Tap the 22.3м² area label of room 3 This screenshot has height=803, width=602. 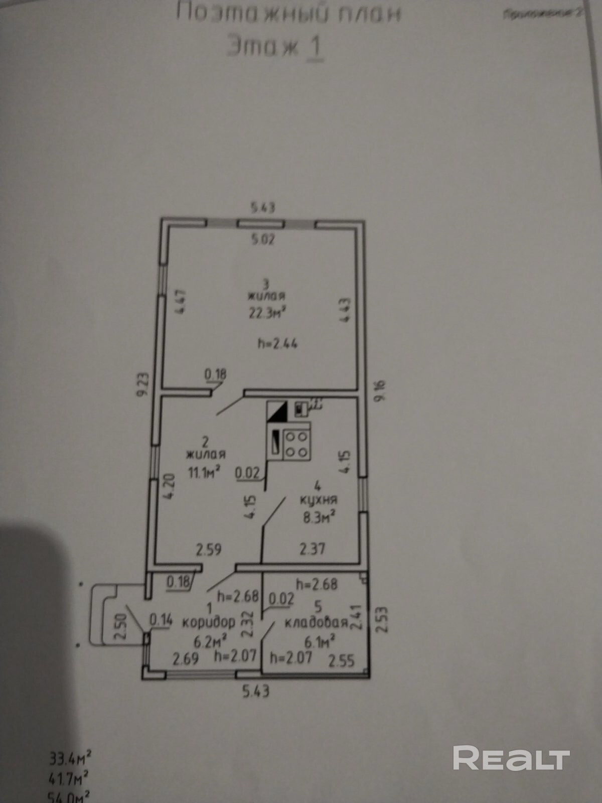[x=267, y=313]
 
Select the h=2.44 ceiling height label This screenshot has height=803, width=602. [x=277, y=344]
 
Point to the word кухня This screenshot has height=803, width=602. [x=318, y=500]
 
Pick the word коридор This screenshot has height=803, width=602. [x=208, y=622]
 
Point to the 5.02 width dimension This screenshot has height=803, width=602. [x=263, y=239]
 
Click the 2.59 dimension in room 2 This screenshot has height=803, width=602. [x=208, y=549]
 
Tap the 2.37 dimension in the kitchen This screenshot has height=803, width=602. [x=312, y=549]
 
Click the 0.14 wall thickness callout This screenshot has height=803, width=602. [x=161, y=620]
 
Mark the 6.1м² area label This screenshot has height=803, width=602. [x=320, y=641]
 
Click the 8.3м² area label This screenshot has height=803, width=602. [x=319, y=517]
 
